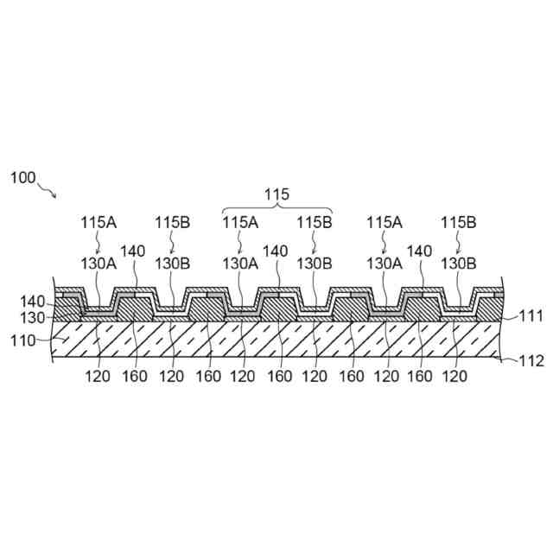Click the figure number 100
[22, 178]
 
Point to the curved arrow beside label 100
[48, 188]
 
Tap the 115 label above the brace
[276, 194]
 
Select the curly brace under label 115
[276, 209]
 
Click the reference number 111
[531, 317]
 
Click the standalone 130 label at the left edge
[32, 317]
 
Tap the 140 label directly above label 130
[32, 302]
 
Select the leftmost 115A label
[99, 222]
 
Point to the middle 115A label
[241, 222]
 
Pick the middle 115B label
[315, 222]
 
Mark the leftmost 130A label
[99, 260]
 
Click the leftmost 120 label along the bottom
[99, 377]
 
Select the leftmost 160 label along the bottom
[135, 377]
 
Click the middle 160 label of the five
[278, 377]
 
